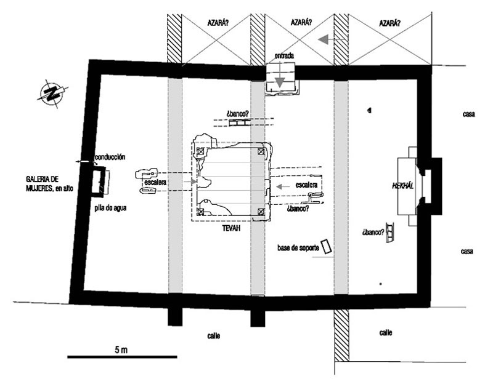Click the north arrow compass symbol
(52, 92)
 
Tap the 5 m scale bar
(122, 357)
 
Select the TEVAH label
(232, 228)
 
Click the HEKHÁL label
(403, 186)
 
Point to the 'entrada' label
(284, 56)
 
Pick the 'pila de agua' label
(111, 208)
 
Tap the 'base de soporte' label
(298, 248)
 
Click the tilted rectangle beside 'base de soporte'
(327, 247)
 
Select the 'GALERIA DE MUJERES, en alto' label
(50, 184)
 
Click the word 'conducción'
(110, 157)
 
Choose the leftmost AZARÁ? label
(218, 23)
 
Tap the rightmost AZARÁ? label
(389, 23)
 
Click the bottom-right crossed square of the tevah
(261, 212)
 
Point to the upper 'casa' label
(468, 114)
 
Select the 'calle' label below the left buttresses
(213, 336)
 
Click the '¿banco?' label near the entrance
(237, 114)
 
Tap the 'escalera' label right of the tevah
(306, 185)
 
